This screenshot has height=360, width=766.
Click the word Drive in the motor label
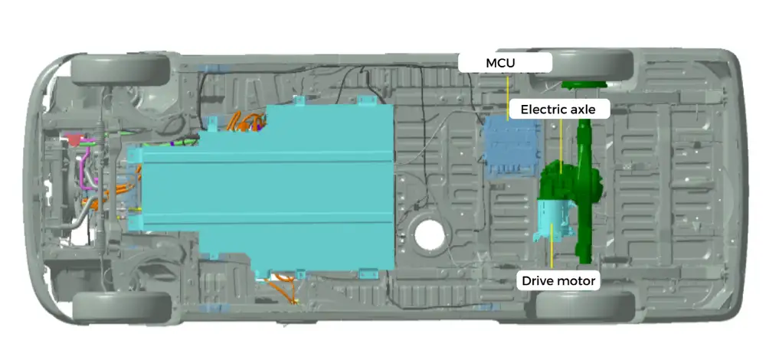(538, 281)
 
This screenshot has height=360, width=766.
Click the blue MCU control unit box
(509, 146)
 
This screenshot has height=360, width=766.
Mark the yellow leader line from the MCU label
(509, 96)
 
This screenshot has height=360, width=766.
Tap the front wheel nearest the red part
(120, 69)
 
